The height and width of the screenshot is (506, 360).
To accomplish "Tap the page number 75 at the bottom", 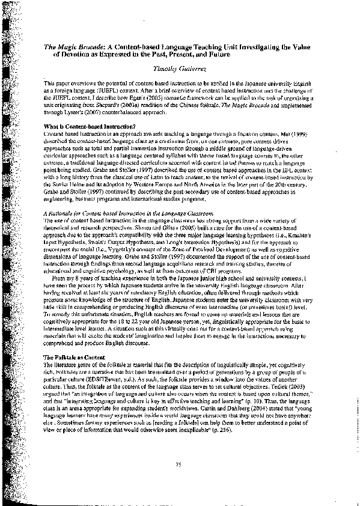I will click(178, 465).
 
